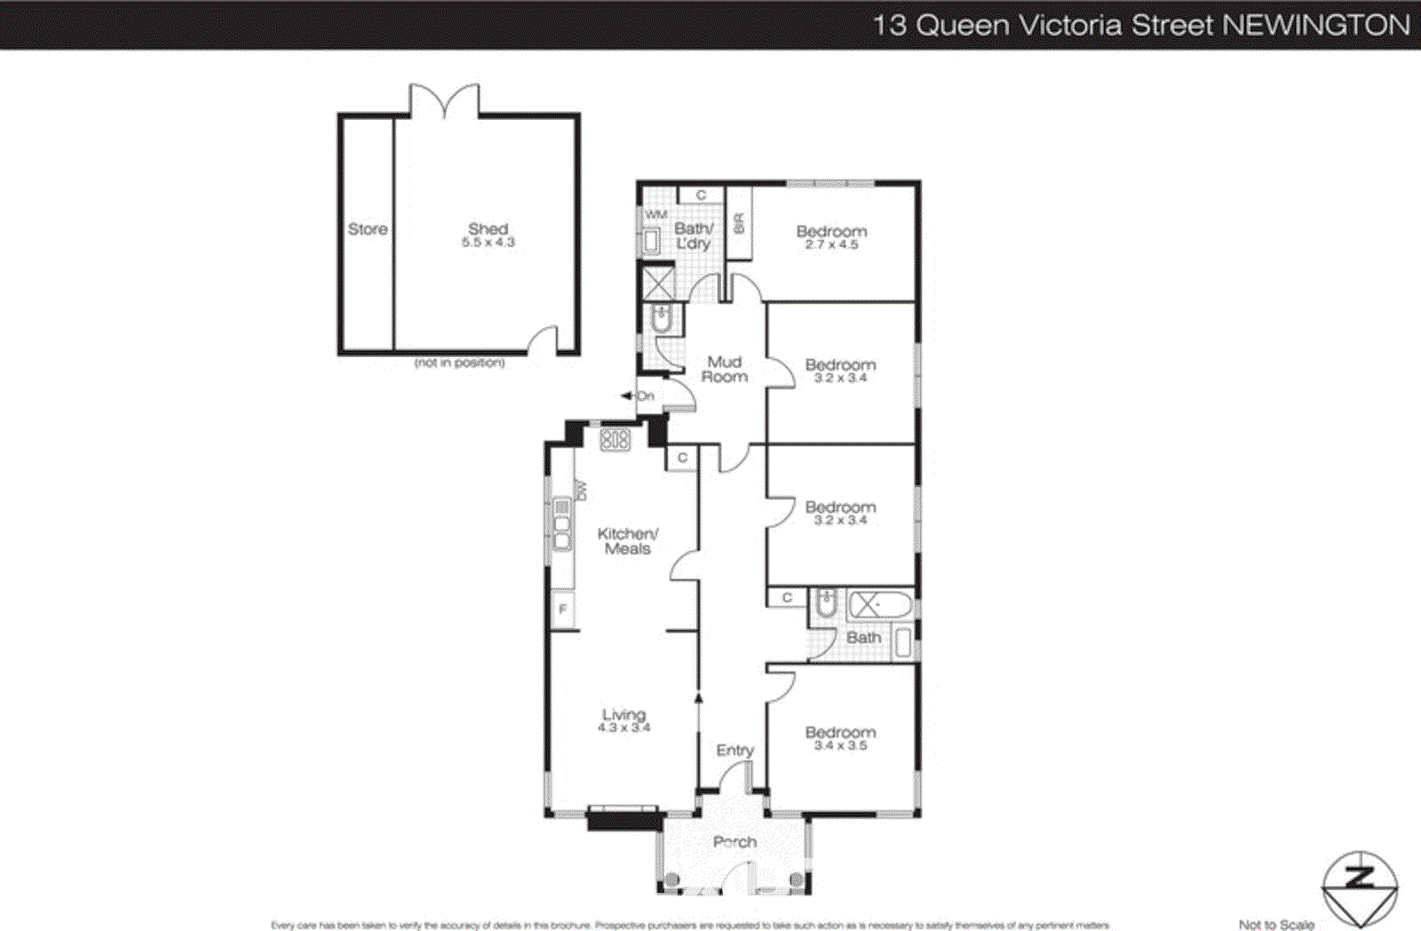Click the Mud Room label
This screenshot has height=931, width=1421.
[x=724, y=369]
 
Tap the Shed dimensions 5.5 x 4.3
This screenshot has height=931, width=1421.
[x=488, y=243]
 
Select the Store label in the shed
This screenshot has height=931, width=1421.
[x=367, y=229]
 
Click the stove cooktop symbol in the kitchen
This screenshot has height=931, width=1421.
[x=615, y=439]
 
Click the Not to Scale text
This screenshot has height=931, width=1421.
[x=1275, y=925]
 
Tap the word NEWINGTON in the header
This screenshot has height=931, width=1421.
[x=1316, y=25]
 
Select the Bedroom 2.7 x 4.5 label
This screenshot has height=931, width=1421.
[x=831, y=237]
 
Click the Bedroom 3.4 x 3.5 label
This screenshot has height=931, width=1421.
[x=840, y=738]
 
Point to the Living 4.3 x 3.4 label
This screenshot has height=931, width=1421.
[x=623, y=720]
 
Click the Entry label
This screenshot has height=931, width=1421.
[x=734, y=751]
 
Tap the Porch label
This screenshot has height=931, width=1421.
[x=734, y=841]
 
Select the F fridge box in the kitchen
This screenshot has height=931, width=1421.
[x=562, y=609]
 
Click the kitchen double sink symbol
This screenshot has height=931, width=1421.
[x=562, y=524]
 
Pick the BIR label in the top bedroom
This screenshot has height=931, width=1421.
[x=738, y=223]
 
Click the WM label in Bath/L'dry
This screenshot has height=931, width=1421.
[x=655, y=215]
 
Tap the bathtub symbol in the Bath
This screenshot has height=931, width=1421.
[x=879, y=606]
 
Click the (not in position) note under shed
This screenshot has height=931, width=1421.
[x=459, y=362]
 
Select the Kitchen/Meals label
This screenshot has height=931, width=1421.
[x=627, y=541]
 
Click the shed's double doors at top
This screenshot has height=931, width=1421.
[x=444, y=100]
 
